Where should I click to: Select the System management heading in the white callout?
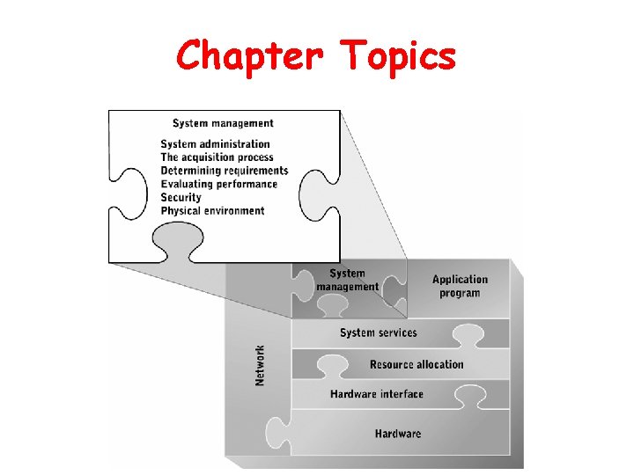tap(223, 123)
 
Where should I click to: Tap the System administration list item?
tap(215, 144)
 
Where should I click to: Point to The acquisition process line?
tap(217, 157)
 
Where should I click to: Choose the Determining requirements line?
tap(224, 171)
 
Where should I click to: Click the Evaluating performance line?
tap(218, 184)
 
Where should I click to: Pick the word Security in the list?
tap(181, 197)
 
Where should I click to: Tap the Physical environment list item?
tap(212, 210)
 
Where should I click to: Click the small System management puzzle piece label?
tap(347, 280)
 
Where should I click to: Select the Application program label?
tap(460, 286)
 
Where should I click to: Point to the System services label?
tap(378, 332)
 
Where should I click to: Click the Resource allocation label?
tap(416, 364)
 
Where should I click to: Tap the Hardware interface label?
tap(376, 394)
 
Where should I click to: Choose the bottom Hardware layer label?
tap(397, 434)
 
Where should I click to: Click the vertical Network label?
tap(260, 364)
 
